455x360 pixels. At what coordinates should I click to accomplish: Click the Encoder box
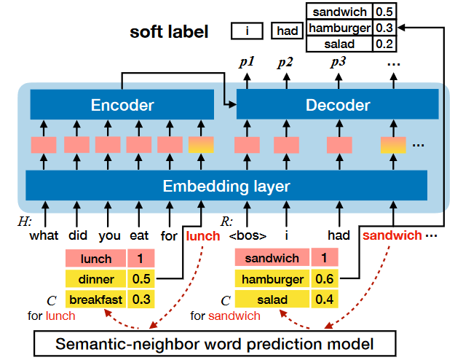[x=122, y=106]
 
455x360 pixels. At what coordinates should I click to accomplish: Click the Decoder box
[x=337, y=106]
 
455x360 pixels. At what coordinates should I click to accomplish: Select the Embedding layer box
[x=226, y=186]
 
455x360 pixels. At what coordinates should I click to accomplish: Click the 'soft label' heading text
[x=169, y=32]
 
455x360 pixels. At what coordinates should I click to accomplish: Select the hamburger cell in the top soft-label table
[x=340, y=28]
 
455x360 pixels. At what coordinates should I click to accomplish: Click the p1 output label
[x=247, y=62]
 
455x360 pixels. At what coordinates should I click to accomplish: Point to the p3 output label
[x=339, y=62]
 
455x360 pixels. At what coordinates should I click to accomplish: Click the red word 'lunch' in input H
[x=202, y=235]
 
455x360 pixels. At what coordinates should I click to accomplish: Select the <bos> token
[x=248, y=236]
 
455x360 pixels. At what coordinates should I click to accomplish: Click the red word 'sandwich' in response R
[x=392, y=235]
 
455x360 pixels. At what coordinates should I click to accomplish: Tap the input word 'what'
[x=44, y=236]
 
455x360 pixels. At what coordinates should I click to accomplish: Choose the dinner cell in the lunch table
[x=96, y=278]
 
